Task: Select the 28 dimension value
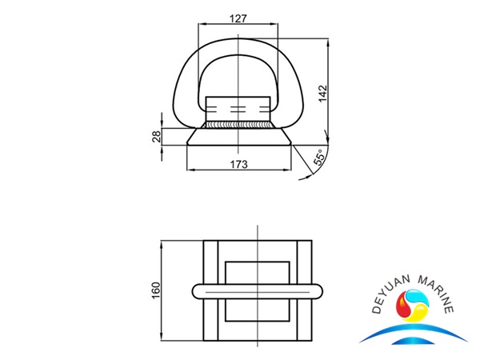pos(156,138)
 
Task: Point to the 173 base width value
pos(238,163)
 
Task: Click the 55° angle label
pos(319,158)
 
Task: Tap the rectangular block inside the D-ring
pos(237,107)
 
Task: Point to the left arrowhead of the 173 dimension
pos(189,169)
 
